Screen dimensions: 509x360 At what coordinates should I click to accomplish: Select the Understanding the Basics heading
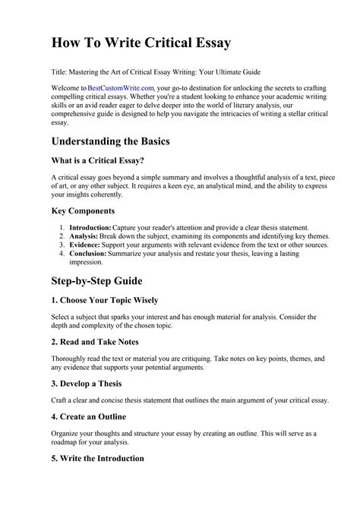(122, 142)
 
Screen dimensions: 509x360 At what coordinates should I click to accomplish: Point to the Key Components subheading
(83, 210)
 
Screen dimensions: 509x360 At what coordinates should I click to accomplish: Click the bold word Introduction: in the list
(90, 227)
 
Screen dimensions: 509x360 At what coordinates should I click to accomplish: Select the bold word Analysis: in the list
(84, 236)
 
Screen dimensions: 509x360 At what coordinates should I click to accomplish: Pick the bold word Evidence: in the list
(86, 245)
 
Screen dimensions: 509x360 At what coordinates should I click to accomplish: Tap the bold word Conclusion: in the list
(89, 254)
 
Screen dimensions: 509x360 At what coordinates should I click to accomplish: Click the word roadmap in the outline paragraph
(65, 441)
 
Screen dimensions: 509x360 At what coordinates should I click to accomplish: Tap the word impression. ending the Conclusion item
(87, 263)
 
